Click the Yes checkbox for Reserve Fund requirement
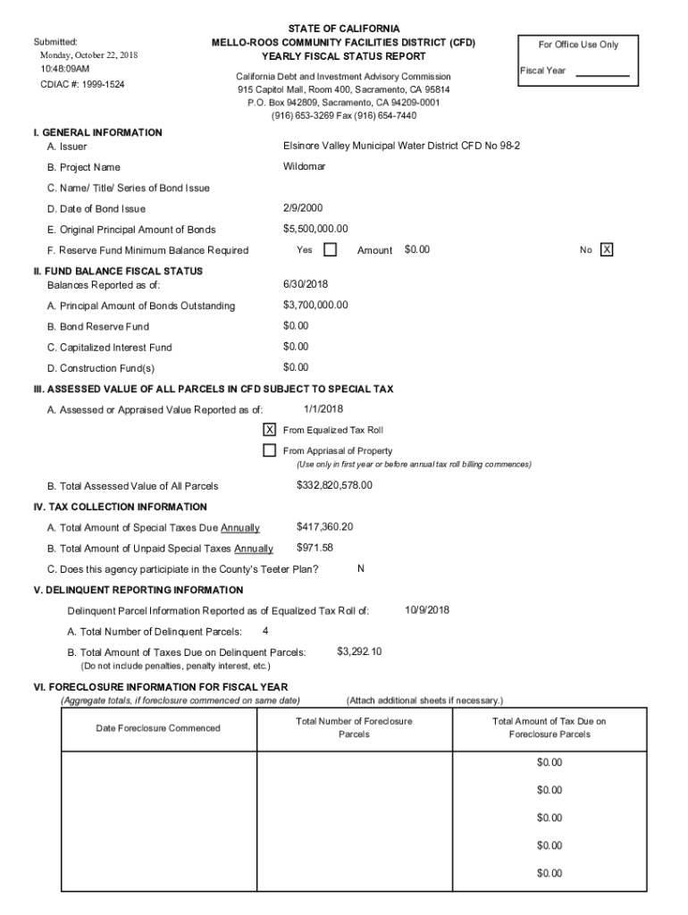tap(330, 250)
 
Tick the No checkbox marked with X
tap(607, 250)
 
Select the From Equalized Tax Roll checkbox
tap(269, 430)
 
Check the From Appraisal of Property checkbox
tap(269, 450)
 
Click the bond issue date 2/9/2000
tap(303, 208)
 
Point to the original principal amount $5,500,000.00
tap(315, 229)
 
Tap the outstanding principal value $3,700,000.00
tap(315, 306)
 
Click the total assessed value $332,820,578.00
tap(334, 485)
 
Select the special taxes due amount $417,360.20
tap(324, 527)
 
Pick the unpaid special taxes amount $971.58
tap(315, 548)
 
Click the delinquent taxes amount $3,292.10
tap(359, 651)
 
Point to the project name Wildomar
tap(305, 167)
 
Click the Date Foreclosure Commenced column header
tap(157, 728)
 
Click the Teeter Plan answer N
tap(360, 568)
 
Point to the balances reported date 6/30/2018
tap(306, 284)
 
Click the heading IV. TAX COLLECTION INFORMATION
tap(121, 507)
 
